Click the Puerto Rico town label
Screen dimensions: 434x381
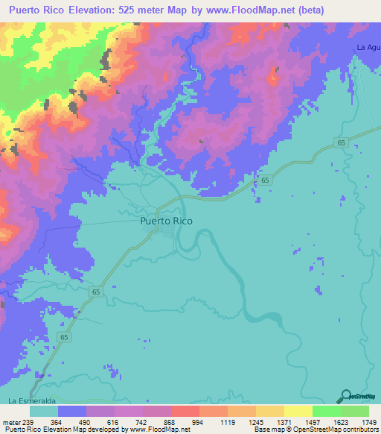166,221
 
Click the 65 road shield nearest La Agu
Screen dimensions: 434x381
340,142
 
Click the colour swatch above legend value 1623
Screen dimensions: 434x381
327,411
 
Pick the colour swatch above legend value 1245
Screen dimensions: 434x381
242,411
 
